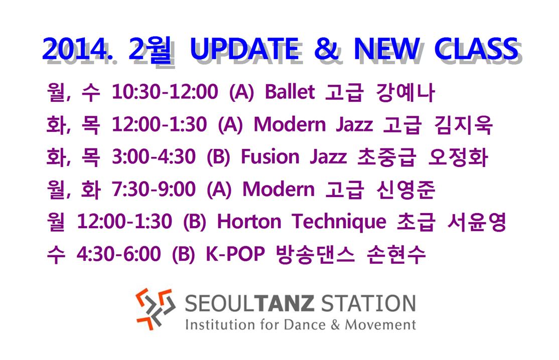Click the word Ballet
[x=290, y=92]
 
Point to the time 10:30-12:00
[x=165, y=92]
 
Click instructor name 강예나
[x=405, y=92]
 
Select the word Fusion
[x=270, y=157]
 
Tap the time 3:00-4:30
[x=154, y=157]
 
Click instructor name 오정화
[x=458, y=157]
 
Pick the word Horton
[x=249, y=222]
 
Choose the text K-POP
[x=235, y=254]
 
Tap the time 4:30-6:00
[x=119, y=254]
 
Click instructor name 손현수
[x=396, y=254]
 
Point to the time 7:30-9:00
[x=154, y=190]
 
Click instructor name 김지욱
[x=463, y=125]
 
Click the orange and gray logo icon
[x=156, y=309]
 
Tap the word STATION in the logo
[x=368, y=303]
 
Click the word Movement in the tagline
[x=380, y=325]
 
